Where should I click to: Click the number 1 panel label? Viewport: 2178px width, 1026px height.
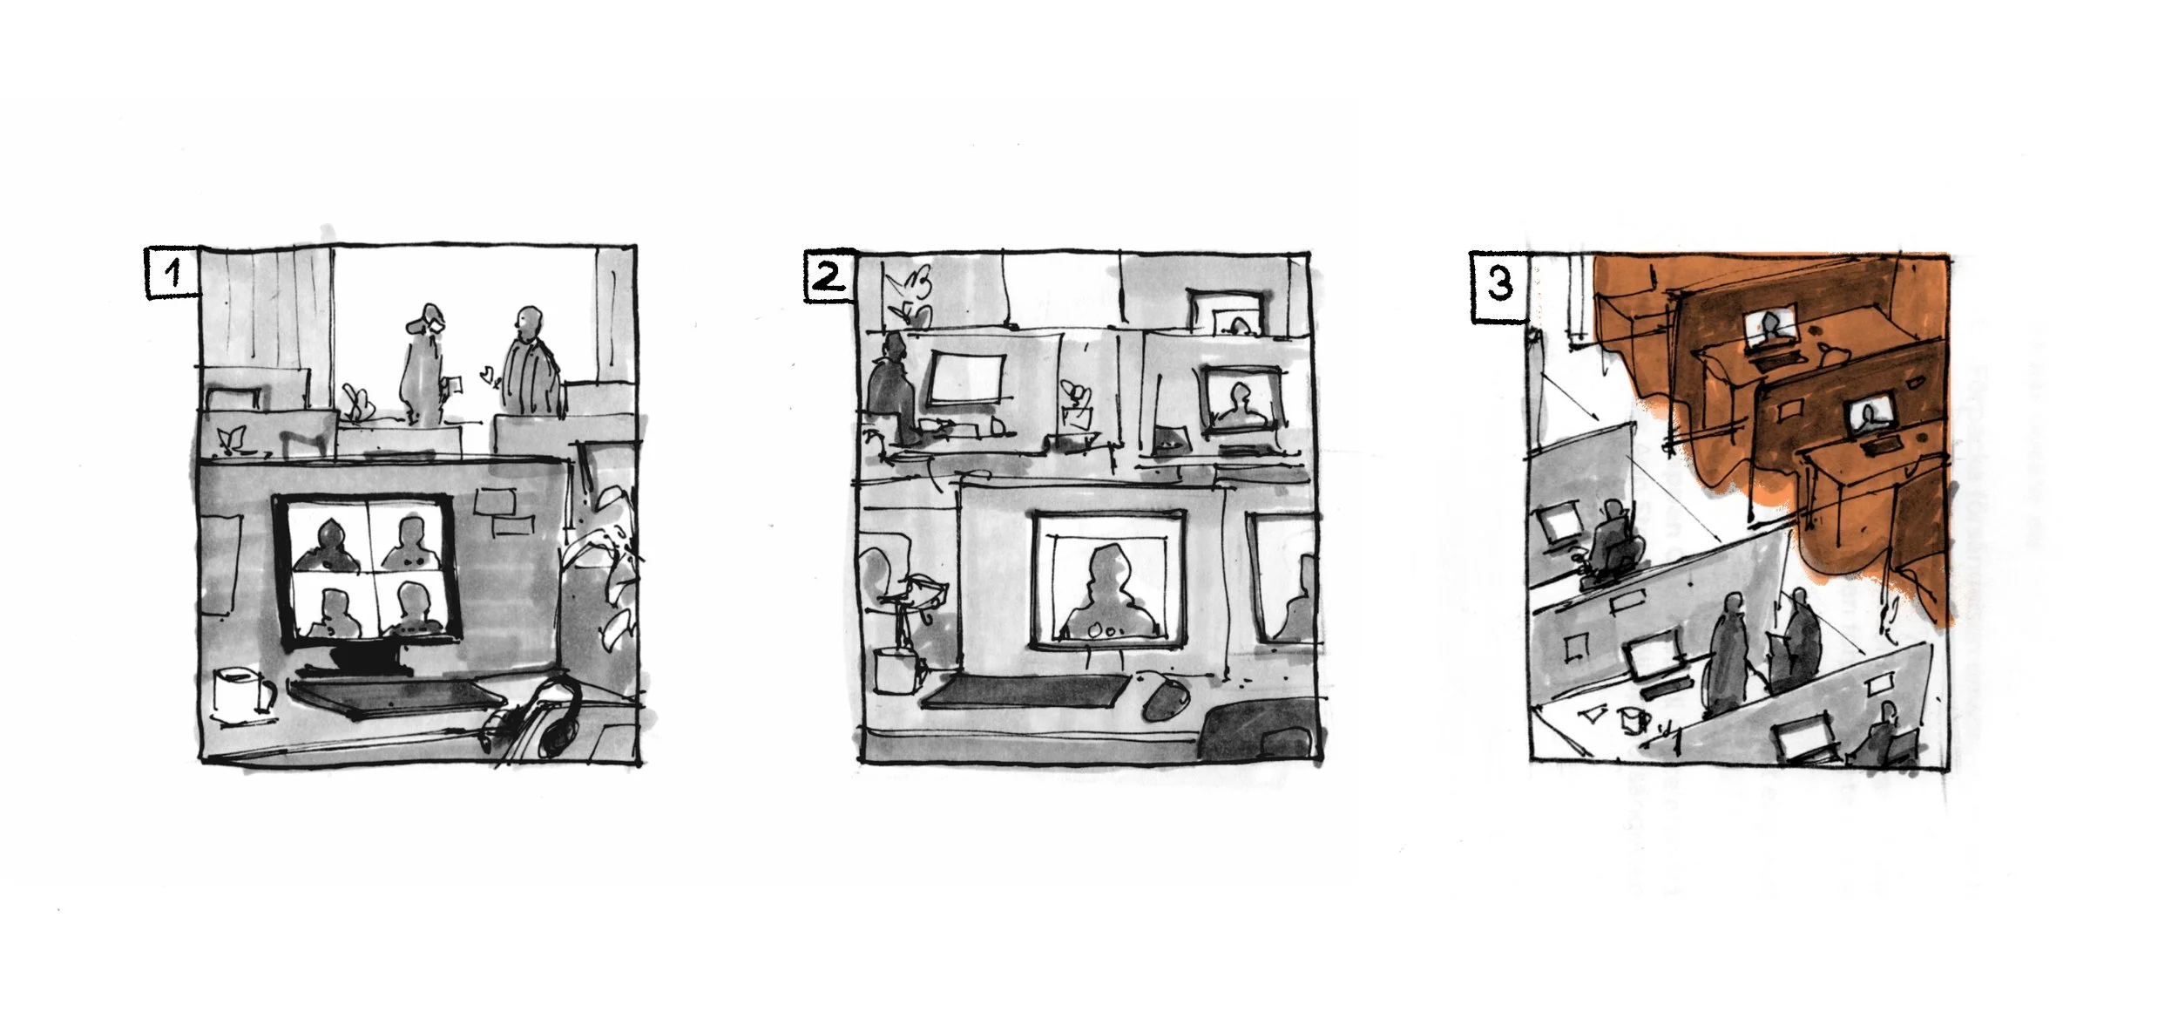tap(172, 274)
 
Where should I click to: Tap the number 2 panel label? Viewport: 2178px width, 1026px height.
tap(828, 277)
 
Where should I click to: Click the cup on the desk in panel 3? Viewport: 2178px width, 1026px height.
tap(1633, 721)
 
